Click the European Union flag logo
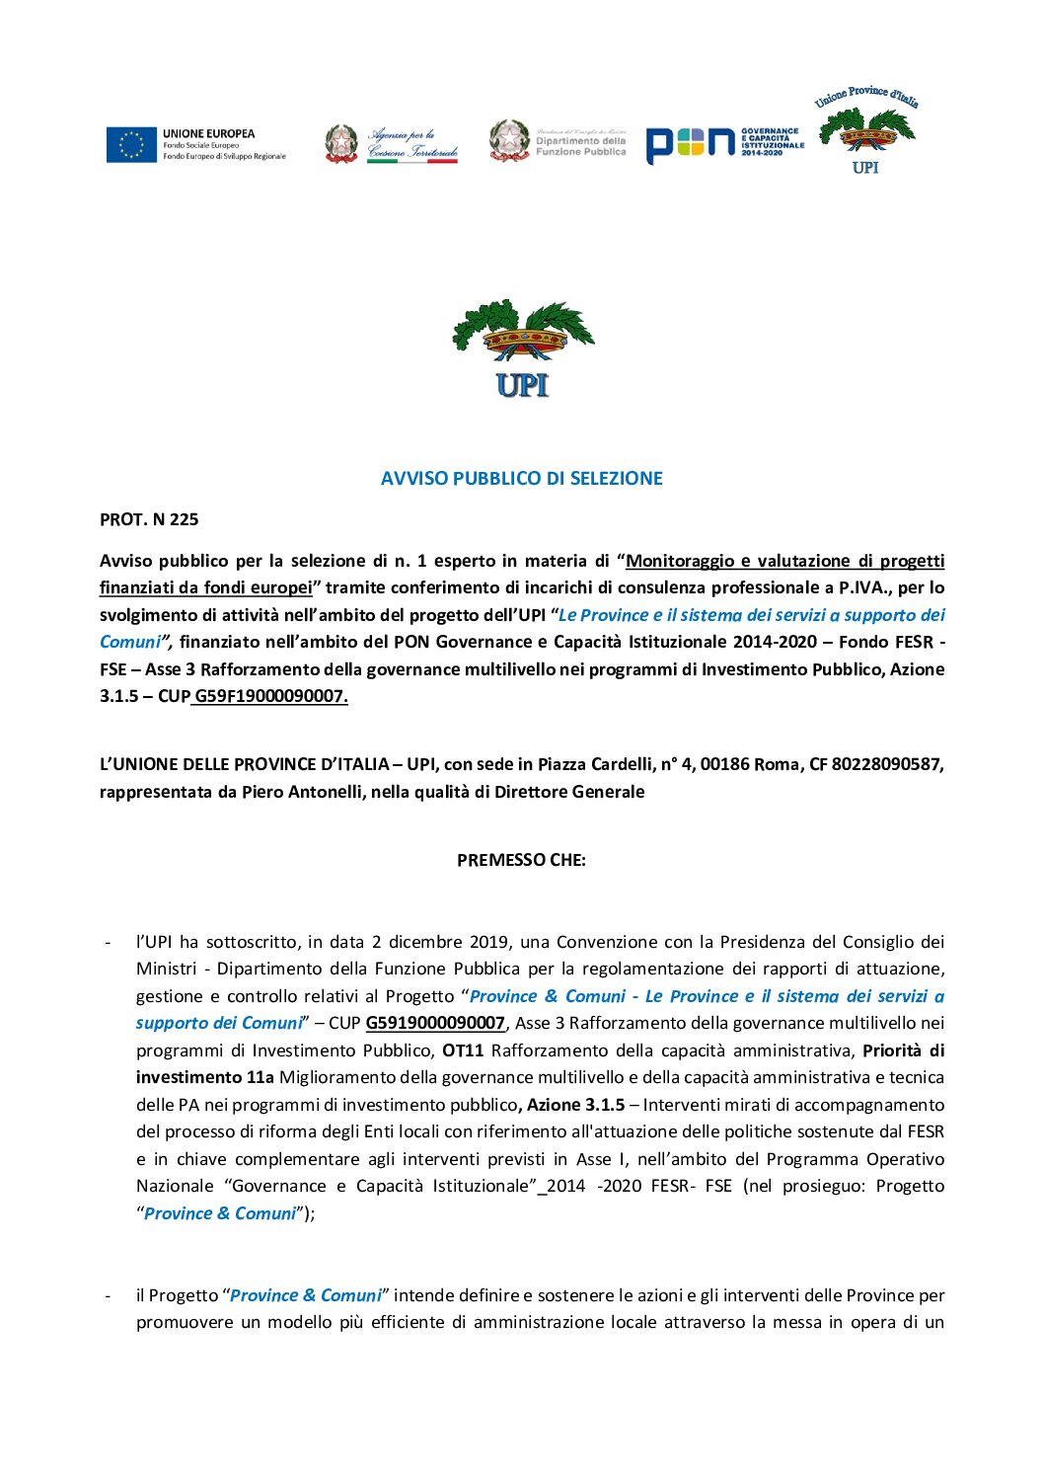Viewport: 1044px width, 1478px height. click(131, 144)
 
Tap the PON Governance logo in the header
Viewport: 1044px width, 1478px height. click(724, 144)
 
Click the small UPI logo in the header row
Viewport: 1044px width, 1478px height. click(866, 131)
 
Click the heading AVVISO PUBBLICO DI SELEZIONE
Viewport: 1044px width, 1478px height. click(522, 479)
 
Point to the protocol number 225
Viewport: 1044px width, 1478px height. click(184, 519)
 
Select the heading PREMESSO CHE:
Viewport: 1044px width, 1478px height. click(521, 860)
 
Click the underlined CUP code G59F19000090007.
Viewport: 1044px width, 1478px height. click(270, 696)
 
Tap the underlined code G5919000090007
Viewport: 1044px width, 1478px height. click(435, 1023)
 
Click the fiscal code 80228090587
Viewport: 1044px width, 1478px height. click(886, 764)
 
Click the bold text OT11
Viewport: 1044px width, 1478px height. click(463, 1050)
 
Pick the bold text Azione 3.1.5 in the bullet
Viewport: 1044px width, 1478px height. click(575, 1105)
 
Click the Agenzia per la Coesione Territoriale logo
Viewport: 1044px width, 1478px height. click(392, 144)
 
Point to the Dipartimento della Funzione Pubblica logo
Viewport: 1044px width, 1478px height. click(559, 141)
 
